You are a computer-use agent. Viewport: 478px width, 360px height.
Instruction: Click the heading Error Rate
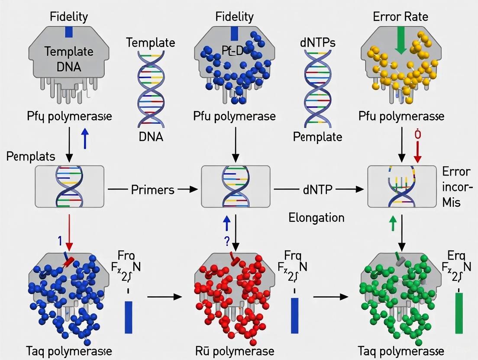point(401,17)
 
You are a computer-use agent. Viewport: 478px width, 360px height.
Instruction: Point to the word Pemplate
point(317,137)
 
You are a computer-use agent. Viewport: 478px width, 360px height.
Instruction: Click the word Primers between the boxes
point(152,190)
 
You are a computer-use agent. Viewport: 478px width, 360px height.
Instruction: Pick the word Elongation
point(317,217)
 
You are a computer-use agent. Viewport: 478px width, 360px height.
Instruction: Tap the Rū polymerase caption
point(235,350)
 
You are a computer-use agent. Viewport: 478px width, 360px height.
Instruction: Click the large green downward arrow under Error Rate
point(400,39)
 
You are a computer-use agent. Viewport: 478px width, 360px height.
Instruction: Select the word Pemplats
point(31,157)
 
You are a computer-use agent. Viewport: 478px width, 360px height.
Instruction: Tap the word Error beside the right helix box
point(456,171)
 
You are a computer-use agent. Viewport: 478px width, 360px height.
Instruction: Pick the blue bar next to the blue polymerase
point(129,317)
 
